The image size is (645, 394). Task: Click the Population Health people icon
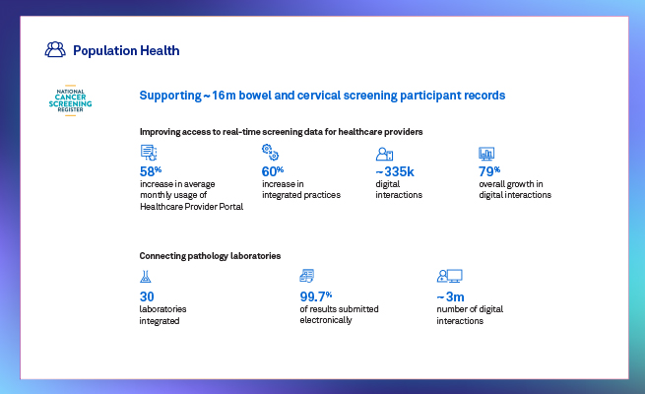pos(55,50)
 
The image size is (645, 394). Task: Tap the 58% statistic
pos(152,171)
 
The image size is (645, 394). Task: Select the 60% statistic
pos(273,171)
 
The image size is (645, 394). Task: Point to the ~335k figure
pos(395,171)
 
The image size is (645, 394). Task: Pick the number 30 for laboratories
pos(148,295)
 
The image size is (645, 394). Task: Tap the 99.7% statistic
pos(316,295)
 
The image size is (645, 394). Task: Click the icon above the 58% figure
pos(149,153)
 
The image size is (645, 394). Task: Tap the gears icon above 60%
pos(270,153)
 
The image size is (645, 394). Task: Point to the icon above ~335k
pos(385,154)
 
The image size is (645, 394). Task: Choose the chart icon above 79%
pos(486,154)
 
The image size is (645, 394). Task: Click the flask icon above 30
pos(146,277)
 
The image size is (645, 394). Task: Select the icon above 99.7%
pos(307,277)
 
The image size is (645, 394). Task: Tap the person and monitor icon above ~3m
pos(449,277)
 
